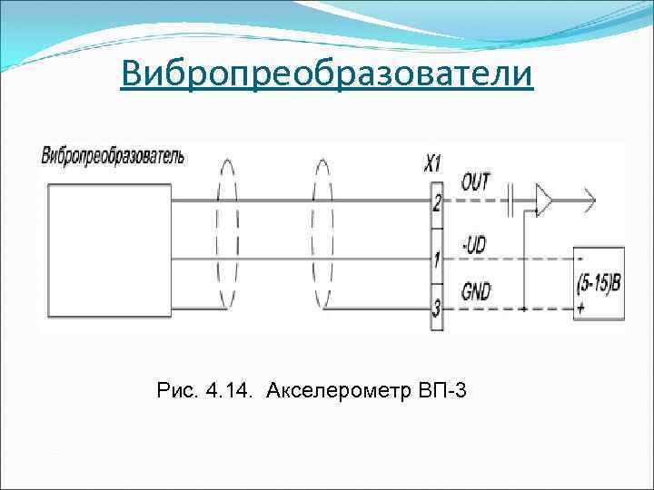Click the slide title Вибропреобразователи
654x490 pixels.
coord(327,73)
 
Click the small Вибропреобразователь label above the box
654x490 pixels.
coord(113,154)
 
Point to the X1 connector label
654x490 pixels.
coord(433,163)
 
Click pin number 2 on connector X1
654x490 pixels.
coord(437,202)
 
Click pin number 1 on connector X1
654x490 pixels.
coord(437,260)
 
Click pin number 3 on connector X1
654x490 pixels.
coord(437,309)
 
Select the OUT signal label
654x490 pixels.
coord(475,181)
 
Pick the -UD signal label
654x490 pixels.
coord(474,244)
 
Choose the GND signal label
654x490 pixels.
coord(476,291)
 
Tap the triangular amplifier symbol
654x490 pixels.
coord(544,201)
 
